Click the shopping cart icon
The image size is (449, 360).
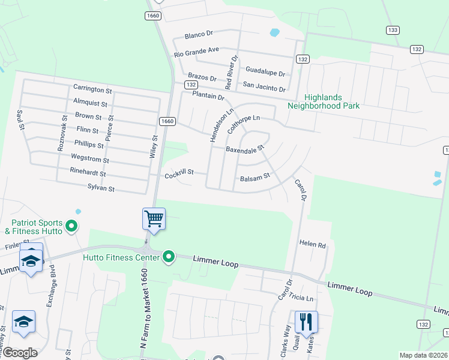point(154,219)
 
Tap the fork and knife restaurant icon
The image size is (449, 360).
point(306,321)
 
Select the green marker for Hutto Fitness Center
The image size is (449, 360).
point(169,257)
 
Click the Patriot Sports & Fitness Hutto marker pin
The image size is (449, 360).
point(71,226)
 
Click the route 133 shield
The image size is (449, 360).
point(393,29)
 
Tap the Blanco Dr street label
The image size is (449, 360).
point(199,34)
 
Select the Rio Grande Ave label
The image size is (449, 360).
point(197,52)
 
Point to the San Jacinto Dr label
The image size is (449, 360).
point(264,88)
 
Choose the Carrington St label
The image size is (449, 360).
point(92,89)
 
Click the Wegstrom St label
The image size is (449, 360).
point(90,160)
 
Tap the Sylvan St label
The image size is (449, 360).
point(101,188)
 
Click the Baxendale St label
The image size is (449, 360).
point(245,148)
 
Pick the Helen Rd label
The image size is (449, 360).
point(312,245)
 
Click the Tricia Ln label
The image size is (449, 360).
point(302,298)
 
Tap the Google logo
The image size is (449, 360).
point(20,353)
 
